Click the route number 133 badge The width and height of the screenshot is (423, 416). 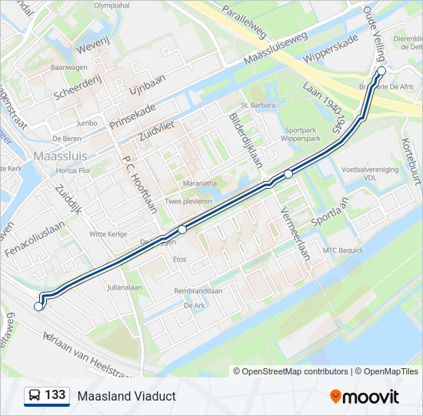point(46,396)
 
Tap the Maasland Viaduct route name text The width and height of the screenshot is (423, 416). point(126,396)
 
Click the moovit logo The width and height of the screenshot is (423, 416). point(365,397)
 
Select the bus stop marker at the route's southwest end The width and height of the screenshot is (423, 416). point(38,307)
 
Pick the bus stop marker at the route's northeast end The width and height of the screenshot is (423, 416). point(381,71)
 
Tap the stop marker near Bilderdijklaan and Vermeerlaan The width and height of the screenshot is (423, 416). point(288,174)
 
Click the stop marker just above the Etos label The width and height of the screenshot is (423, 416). point(182,230)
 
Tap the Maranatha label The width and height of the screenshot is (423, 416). point(199,183)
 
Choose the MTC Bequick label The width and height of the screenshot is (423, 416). point(342,250)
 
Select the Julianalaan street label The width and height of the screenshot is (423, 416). point(125,287)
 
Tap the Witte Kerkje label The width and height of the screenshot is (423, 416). point(108,233)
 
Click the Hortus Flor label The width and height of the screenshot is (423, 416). point(74,170)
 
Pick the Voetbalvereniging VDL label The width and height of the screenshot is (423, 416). point(370,173)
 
